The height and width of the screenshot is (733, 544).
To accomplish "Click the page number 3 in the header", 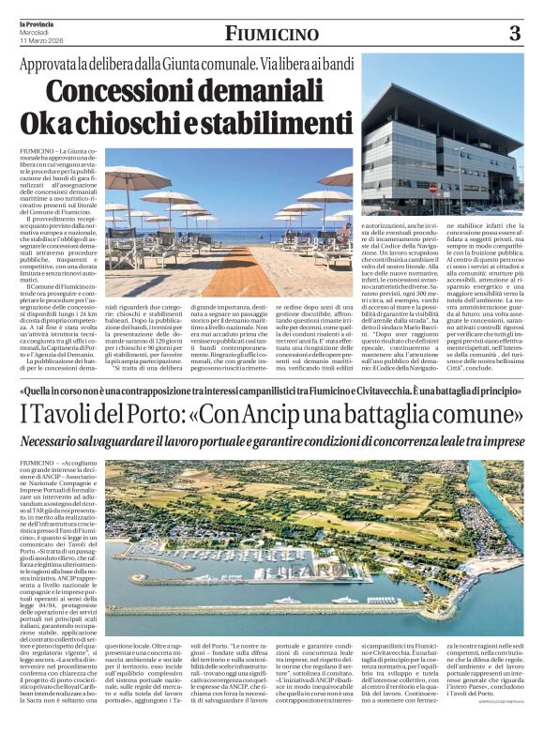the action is [514, 35].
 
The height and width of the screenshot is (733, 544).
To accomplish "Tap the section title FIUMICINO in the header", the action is [271, 35].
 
